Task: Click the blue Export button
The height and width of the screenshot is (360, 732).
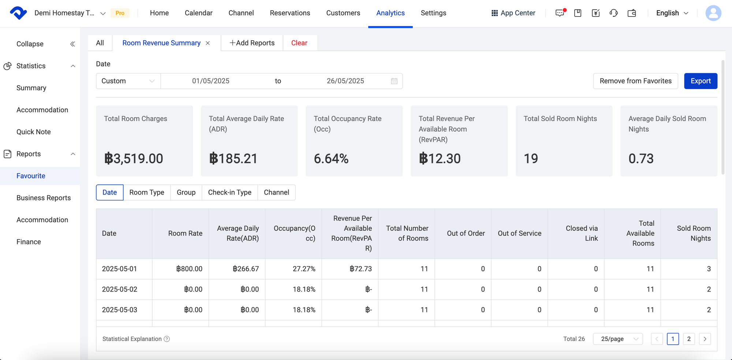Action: point(700,81)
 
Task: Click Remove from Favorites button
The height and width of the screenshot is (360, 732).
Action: point(635,81)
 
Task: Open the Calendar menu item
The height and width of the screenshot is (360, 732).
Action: point(198,13)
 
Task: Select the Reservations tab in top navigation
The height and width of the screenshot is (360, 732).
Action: point(290,13)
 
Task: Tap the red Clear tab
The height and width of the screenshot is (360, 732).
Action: point(299,43)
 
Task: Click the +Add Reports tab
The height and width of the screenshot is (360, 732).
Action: point(252,43)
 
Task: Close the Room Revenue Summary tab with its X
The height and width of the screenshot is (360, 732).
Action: point(208,43)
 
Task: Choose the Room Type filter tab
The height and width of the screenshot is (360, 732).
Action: point(146,192)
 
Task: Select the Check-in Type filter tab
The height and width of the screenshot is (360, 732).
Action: point(229,192)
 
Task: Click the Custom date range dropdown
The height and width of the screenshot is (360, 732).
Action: point(128,81)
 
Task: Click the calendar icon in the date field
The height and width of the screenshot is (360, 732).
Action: point(394,81)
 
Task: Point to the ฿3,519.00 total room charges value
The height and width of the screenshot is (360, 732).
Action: point(134,158)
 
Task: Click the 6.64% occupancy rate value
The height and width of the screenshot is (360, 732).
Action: point(331,158)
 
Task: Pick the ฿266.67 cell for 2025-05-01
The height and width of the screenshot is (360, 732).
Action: point(246,269)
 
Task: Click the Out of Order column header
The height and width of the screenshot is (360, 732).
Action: point(466,233)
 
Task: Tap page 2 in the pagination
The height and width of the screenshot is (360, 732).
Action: point(689,339)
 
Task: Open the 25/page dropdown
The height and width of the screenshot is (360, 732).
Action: point(618,339)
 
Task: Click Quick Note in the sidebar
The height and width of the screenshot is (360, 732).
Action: point(34,132)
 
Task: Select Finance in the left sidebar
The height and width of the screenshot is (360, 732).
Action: point(29,242)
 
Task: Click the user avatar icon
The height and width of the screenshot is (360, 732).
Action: point(713,13)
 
